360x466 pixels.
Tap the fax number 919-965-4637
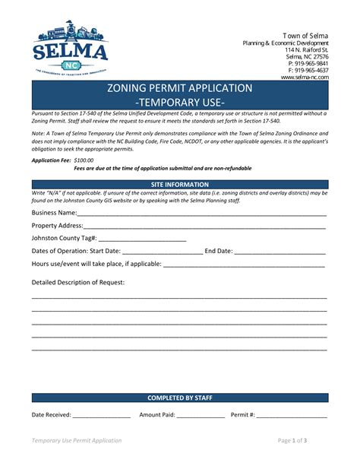(x=311, y=70)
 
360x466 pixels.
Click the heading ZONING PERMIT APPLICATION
(x=179, y=88)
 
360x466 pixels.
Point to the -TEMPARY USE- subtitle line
(x=179, y=101)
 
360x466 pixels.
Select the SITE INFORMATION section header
(x=179, y=185)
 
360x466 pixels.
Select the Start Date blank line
(x=162, y=252)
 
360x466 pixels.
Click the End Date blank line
(x=279, y=252)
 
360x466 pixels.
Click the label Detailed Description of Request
(x=78, y=282)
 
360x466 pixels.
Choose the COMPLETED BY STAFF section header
(x=179, y=398)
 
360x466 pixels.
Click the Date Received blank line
(x=101, y=416)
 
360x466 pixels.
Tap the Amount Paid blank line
(x=201, y=416)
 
